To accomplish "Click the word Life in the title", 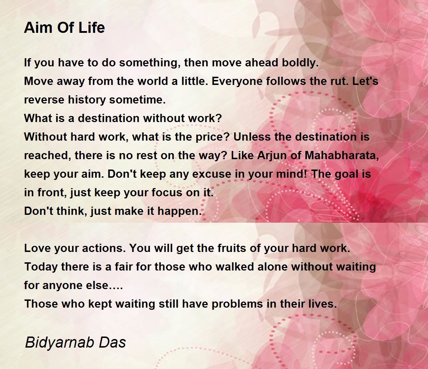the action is click(x=92, y=27).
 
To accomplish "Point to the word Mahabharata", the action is click(x=342, y=156).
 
